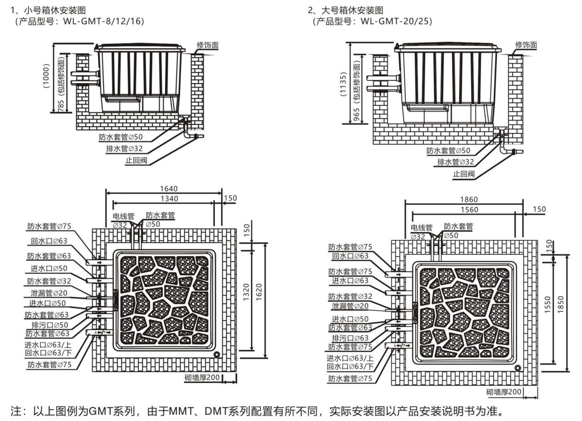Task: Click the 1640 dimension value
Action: [169, 189]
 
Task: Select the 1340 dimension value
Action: [169, 199]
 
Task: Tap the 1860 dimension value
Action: [469, 199]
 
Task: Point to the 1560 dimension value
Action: [469, 210]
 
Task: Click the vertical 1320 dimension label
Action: [246, 292]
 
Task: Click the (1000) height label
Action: [46, 76]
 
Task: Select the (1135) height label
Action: [343, 84]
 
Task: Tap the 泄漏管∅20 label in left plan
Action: [49, 293]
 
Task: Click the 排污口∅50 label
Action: [50, 325]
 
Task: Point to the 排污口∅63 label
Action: [350, 338]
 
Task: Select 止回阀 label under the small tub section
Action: [136, 160]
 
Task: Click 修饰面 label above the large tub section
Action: [526, 45]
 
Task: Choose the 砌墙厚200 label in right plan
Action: [504, 392]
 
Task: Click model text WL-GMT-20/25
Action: [396, 21]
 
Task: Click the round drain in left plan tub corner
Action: [217, 354]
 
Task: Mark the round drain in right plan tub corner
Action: [518, 368]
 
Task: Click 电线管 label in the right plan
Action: [421, 227]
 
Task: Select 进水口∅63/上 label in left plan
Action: [48, 345]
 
